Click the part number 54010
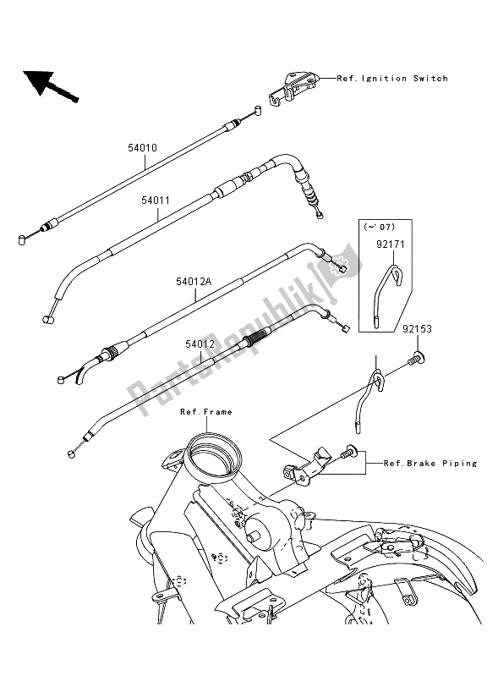point(143,147)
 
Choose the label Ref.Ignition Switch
point(392,79)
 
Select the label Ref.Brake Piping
point(430,464)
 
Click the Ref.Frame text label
point(205,412)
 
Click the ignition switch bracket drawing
point(293,88)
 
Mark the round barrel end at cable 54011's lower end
point(47,320)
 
